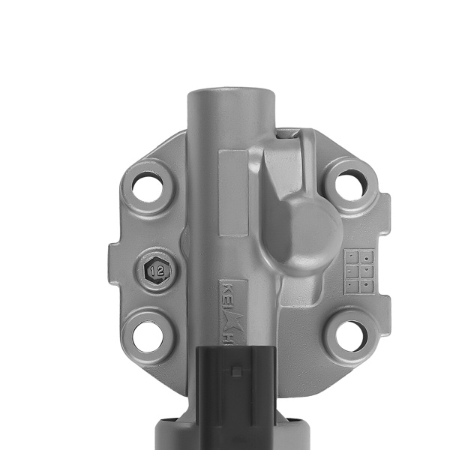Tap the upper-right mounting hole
(350, 184)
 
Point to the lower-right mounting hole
(351, 336)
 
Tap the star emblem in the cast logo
(229, 317)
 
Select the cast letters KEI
(228, 295)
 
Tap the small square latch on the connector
(236, 370)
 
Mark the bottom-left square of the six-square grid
(350, 286)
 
